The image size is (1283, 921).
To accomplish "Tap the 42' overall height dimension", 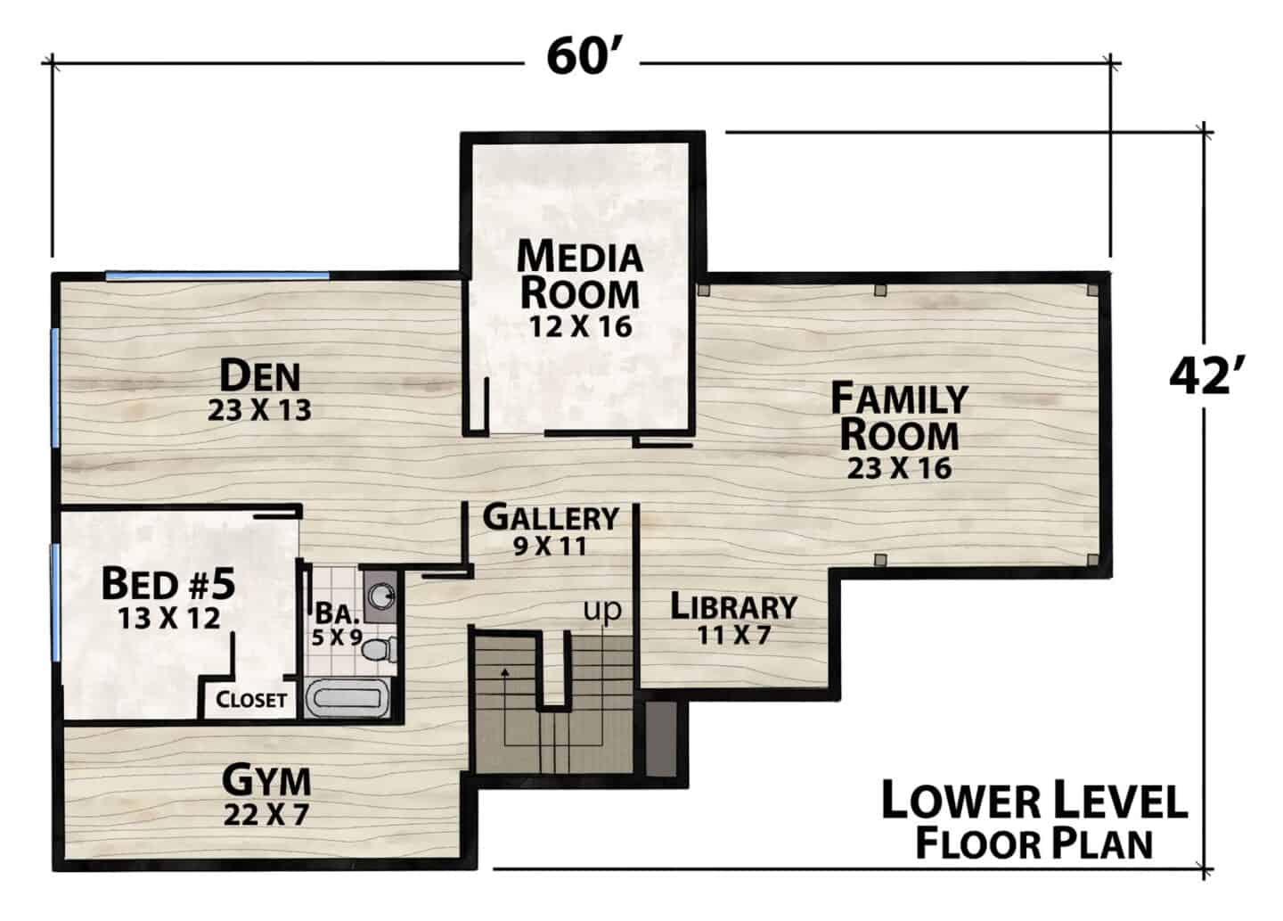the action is [1206, 377].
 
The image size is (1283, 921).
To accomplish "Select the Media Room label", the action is [580, 275].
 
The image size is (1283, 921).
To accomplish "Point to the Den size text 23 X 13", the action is [259, 410].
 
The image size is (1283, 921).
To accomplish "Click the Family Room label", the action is [899, 416].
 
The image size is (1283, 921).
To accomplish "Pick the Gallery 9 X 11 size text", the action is [551, 547].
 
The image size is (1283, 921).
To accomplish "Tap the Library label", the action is [734, 606].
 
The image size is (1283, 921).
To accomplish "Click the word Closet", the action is [251, 700].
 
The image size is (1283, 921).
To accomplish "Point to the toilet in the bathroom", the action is [380, 650].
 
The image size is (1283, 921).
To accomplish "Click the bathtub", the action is [347, 697].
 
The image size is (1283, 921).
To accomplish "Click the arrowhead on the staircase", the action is [504, 671].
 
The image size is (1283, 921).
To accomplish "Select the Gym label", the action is [266, 780].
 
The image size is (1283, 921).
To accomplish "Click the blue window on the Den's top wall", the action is [217, 275].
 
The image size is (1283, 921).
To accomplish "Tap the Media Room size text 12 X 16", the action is [580, 326].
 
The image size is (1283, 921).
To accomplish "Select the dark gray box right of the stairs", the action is [661, 739].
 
